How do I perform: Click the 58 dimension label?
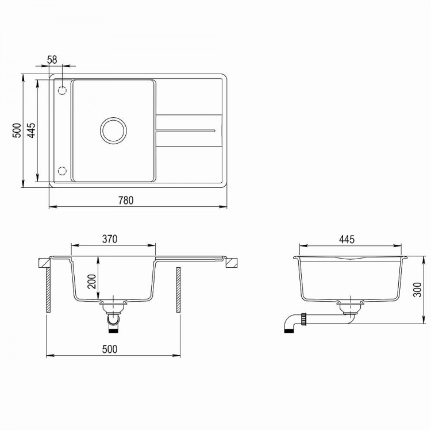(x=52, y=59)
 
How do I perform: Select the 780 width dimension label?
(x=126, y=201)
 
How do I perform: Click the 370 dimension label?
(x=110, y=238)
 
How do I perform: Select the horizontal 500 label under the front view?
(x=110, y=349)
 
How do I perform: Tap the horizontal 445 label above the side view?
(x=347, y=238)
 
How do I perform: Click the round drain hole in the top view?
(x=113, y=130)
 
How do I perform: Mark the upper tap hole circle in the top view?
(x=63, y=90)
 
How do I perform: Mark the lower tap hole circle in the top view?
(x=63, y=171)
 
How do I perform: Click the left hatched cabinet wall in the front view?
(x=48, y=290)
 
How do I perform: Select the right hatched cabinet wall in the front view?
(x=178, y=290)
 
